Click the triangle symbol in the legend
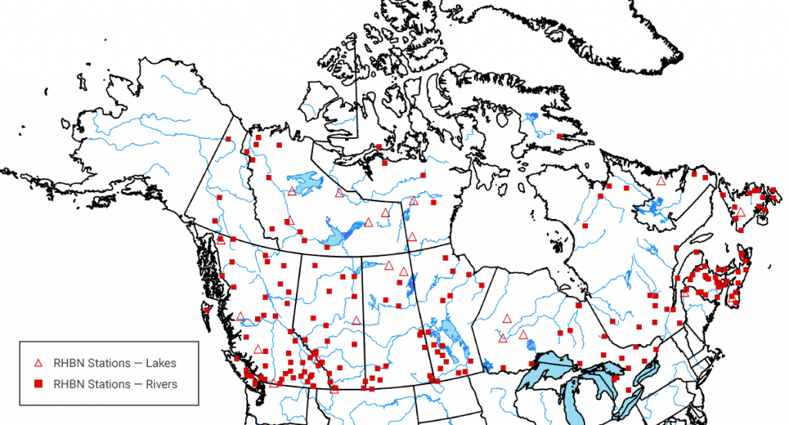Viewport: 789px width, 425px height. point(38,362)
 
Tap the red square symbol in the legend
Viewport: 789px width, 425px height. point(38,383)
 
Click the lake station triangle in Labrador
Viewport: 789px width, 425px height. point(660,180)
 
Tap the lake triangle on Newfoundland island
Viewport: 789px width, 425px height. point(740,211)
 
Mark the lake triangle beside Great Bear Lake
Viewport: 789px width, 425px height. point(291,191)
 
